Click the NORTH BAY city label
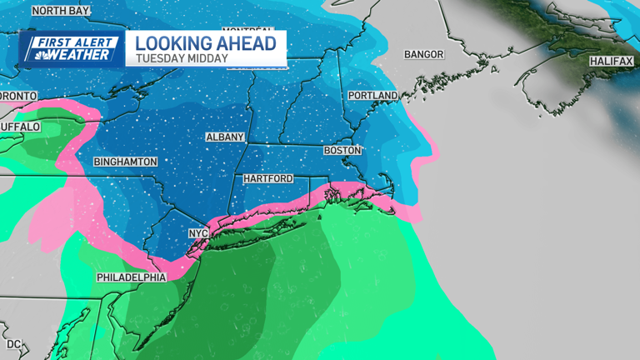click(62, 11)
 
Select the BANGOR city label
click(423, 54)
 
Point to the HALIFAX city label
click(612, 62)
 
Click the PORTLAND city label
click(372, 96)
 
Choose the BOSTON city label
click(342, 151)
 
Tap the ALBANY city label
click(225, 137)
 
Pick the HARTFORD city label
click(267, 179)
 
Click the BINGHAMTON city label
click(125, 161)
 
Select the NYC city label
click(197, 233)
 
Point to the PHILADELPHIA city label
click(131, 277)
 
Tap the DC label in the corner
click(12, 344)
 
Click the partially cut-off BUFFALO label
click(19, 127)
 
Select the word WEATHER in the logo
click(81, 55)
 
